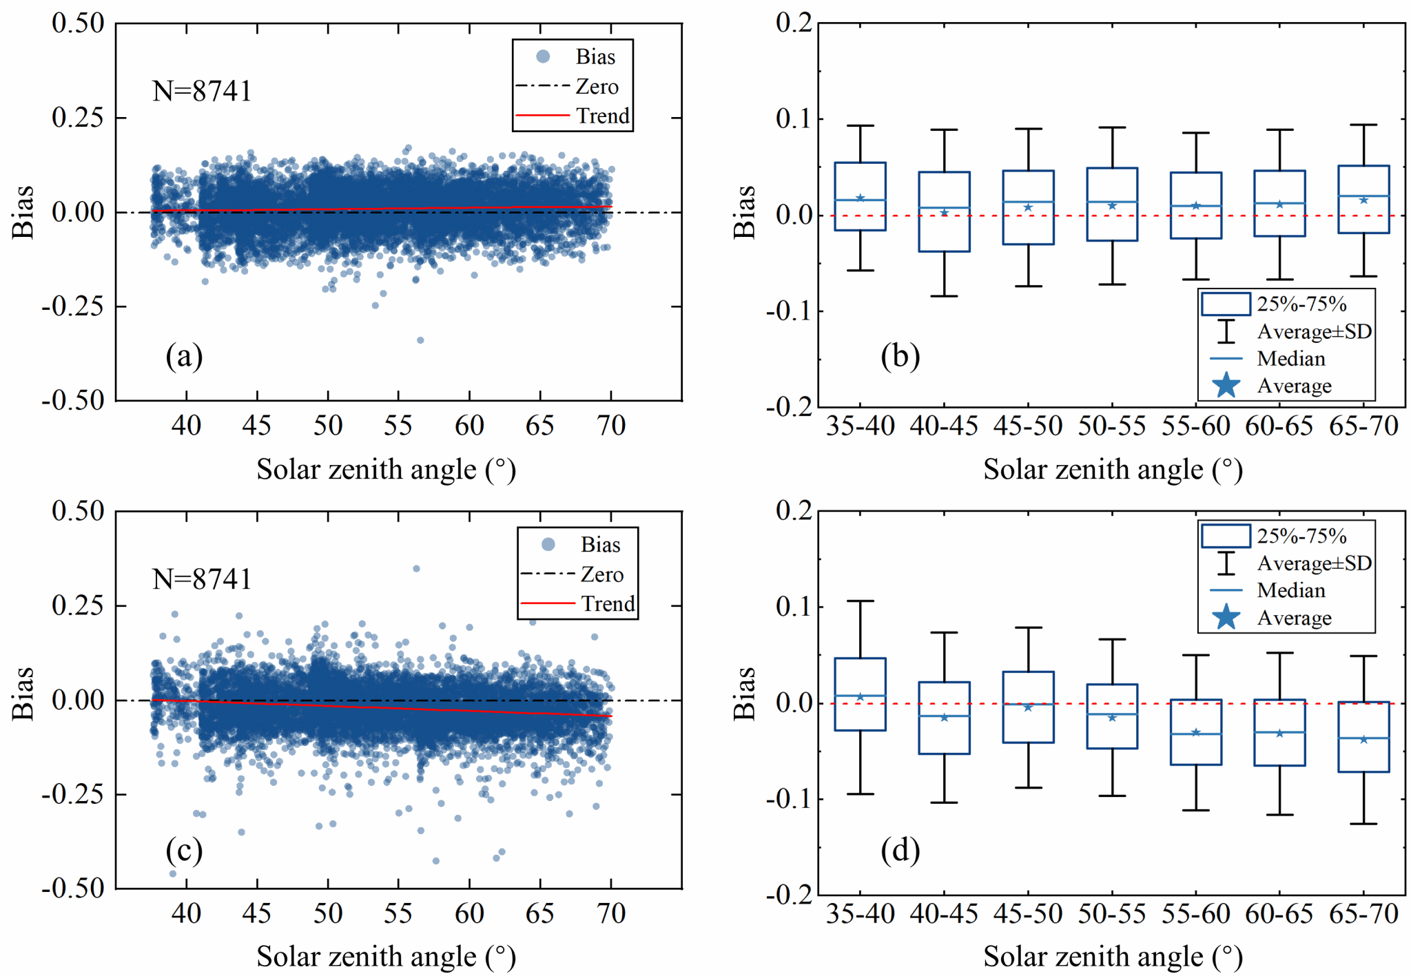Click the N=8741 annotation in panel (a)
202,91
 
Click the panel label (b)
900,356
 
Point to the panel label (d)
900,851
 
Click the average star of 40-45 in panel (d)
944,718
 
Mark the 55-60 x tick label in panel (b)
1195,426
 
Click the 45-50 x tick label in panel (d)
1028,914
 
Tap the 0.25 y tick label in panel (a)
78,117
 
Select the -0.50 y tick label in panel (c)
73,889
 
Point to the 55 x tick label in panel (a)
398,426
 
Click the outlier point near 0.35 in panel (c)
416,569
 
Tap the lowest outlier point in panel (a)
420,340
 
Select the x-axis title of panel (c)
386,957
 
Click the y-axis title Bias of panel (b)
744,211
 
